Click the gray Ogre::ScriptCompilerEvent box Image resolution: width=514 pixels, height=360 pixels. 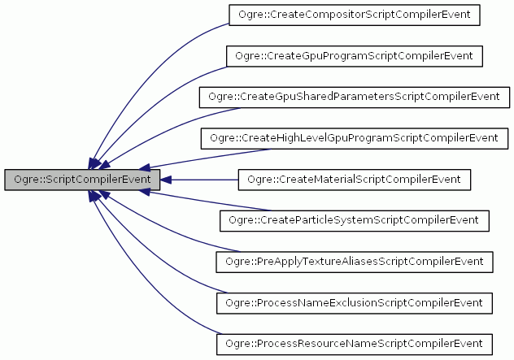point(81,179)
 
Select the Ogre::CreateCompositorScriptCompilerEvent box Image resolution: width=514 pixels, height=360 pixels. point(354,14)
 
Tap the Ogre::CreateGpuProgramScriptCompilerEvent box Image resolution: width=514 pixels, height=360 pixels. point(354,55)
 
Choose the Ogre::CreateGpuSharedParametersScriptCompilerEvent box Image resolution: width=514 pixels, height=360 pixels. point(354,96)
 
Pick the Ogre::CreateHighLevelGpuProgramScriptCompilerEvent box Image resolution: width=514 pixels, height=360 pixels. point(354,137)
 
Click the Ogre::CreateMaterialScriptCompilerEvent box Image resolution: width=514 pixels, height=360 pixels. point(354,179)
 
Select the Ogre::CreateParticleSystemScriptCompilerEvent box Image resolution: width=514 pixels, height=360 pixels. point(354,220)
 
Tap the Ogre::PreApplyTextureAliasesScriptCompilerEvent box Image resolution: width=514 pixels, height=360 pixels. point(354,262)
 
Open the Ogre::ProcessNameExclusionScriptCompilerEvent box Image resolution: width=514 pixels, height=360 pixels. point(354,302)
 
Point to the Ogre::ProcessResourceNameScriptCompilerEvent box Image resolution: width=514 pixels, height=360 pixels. point(354,344)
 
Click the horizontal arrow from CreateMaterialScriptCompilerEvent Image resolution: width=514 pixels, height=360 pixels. point(203,179)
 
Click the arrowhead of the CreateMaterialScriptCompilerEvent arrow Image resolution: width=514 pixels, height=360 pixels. point(166,179)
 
